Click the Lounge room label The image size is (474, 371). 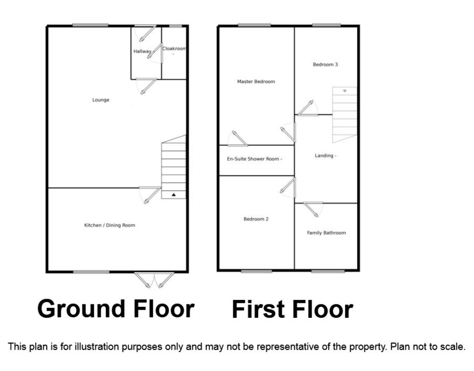[101, 100]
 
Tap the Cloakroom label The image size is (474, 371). [174, 48]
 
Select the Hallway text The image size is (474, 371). [142, 51]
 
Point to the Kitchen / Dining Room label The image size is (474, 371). [110, 225]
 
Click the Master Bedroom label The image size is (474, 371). [256, 82]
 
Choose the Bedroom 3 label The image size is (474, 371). [325, 64]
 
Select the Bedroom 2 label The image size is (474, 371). [256, 219]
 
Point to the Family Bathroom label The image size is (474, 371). [326, 233]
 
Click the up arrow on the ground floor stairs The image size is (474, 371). [173, 195]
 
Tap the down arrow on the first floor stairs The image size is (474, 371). [345, 91]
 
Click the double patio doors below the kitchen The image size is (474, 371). [154, 280]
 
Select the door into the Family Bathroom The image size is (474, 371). [313, 209]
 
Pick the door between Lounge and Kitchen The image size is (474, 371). [150, 195]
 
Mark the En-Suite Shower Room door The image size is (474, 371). [237, 139]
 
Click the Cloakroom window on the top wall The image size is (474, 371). [175, 26]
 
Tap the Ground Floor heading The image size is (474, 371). [116, 309]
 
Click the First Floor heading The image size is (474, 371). [293, 309]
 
